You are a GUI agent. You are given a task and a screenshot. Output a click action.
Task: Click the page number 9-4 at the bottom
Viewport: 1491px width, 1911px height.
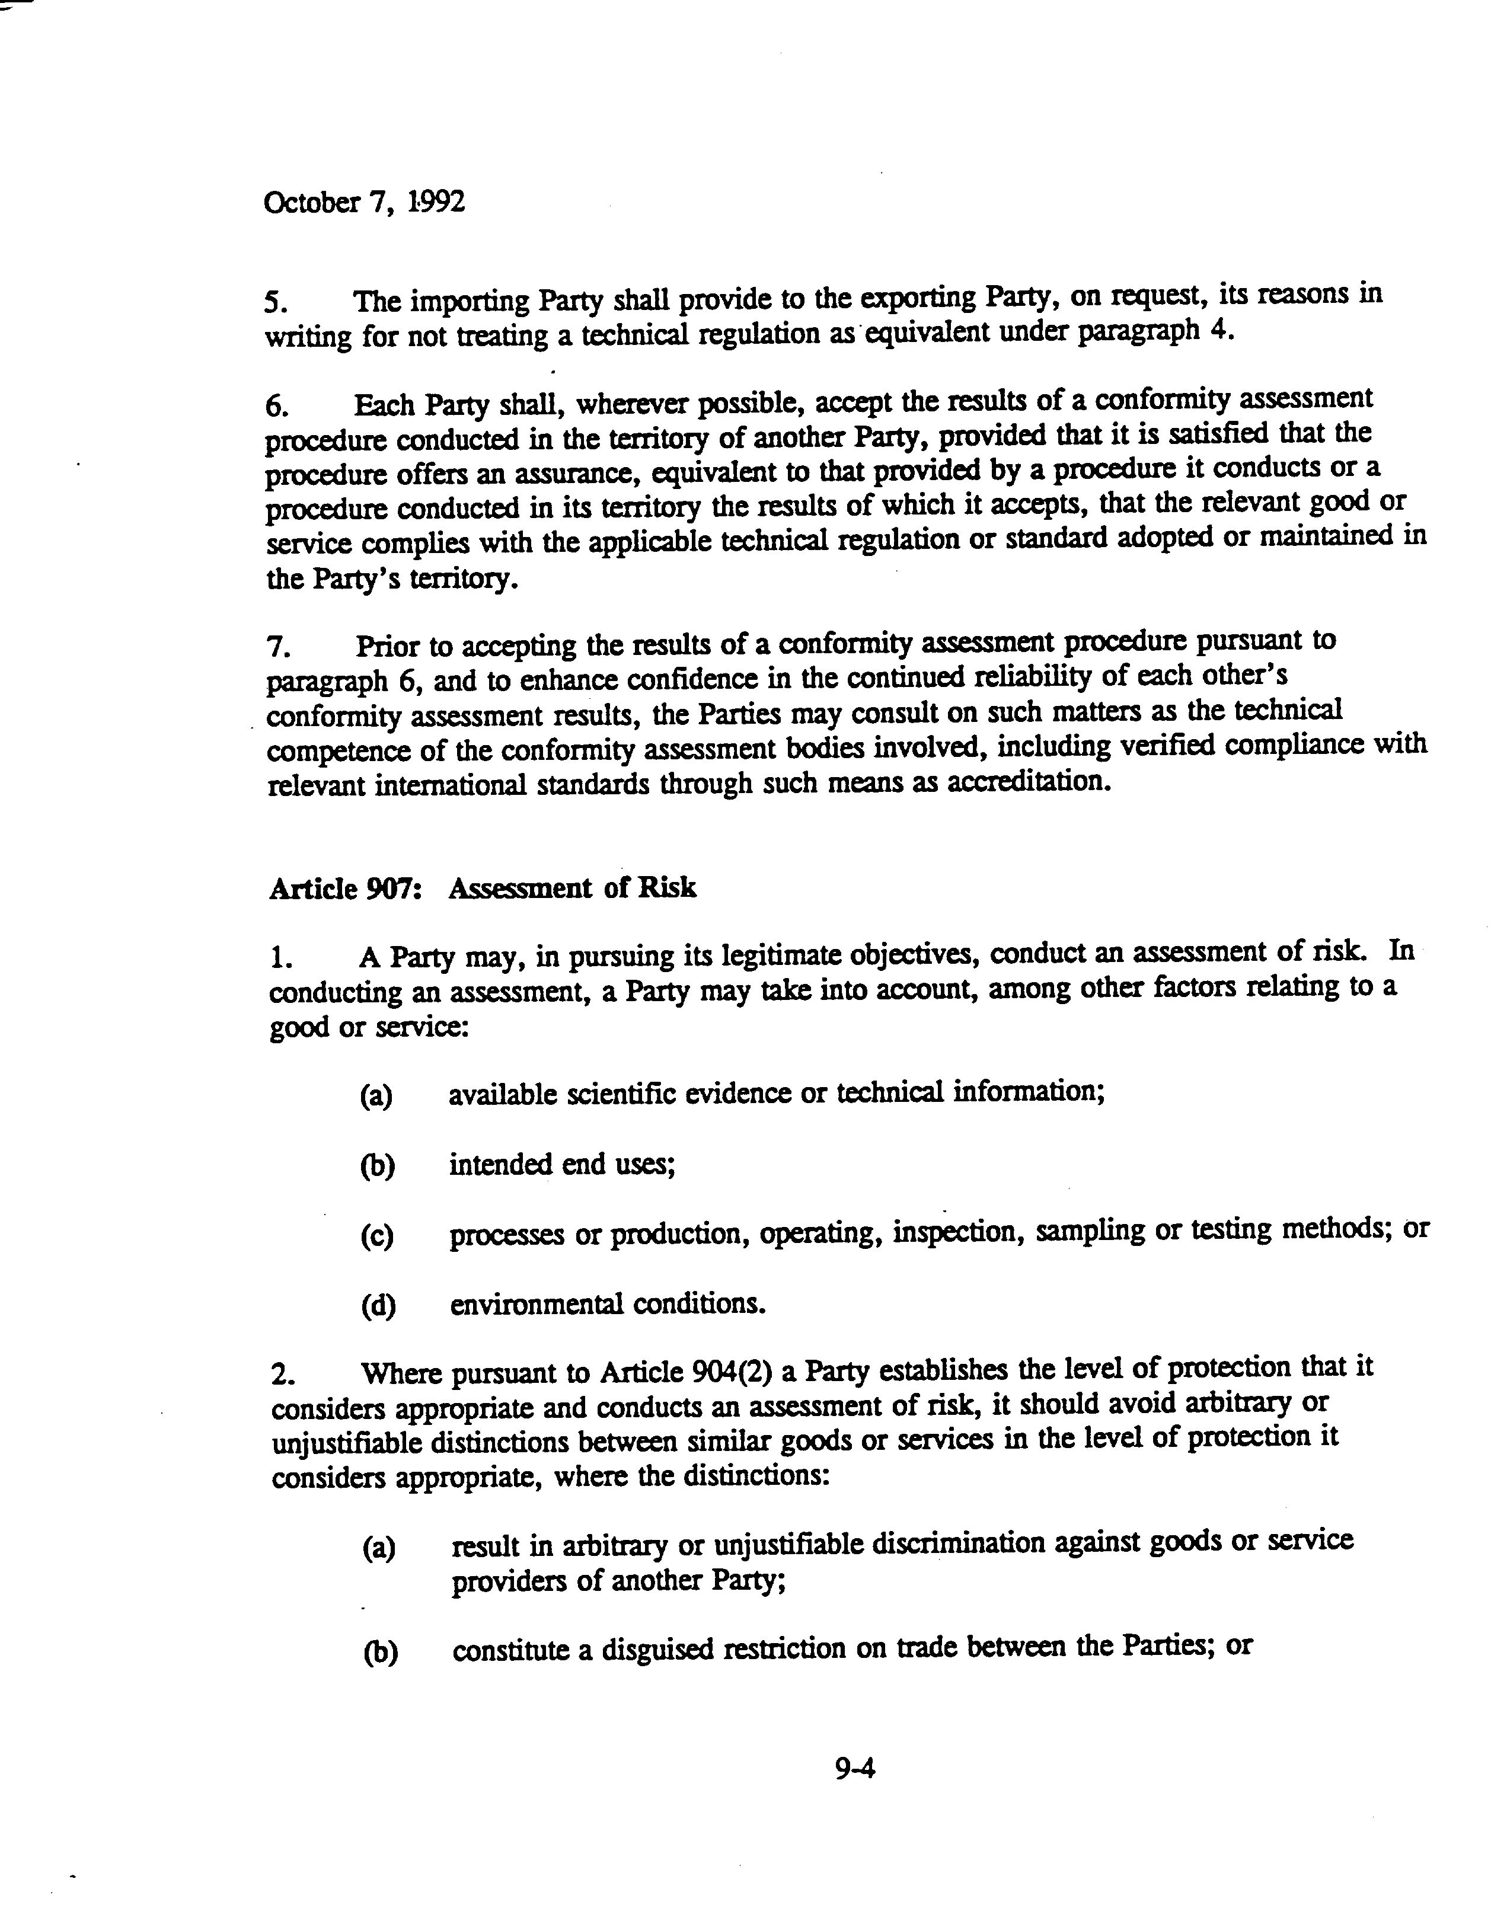(855, 1768)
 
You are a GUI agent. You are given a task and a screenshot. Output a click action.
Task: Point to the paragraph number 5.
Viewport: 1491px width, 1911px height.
(274, 303)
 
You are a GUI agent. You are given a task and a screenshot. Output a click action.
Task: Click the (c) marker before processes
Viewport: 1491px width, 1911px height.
(377, 1235)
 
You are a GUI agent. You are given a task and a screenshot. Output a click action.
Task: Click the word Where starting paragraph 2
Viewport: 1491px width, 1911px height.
(401, 1373)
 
